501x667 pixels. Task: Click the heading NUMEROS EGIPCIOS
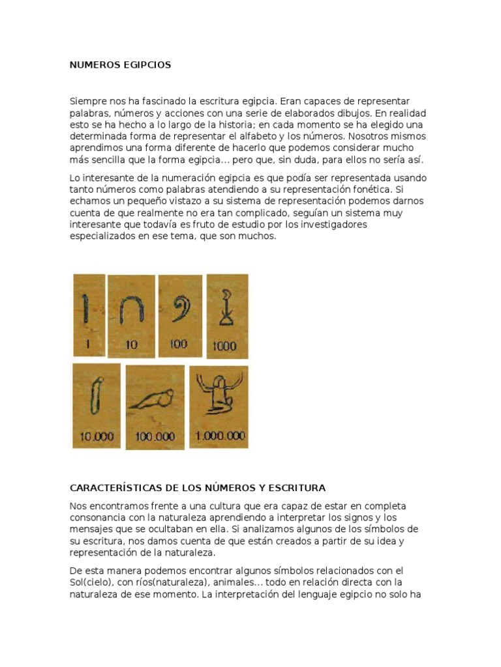(x=120, y=65)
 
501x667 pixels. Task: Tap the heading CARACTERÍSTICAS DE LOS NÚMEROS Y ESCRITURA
(x=198, y=487)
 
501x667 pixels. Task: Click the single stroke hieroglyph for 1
(x=85, y=307)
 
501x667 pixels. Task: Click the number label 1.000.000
(x=220, y=436)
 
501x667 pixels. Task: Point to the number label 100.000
(x=155, y=437)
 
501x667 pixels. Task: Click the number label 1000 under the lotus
(x=224, y=346)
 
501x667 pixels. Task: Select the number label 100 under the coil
(x=177, y=344)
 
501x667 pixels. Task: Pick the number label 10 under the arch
(x=131, y=345)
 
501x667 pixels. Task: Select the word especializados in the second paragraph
(x=103, y=236)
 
